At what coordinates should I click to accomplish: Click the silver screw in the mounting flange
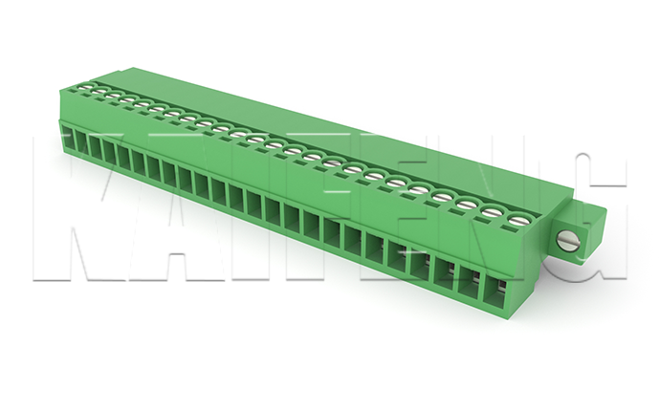569,242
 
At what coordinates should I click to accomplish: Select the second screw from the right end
492,211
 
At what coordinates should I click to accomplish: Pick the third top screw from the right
467,204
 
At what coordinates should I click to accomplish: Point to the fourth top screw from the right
442,196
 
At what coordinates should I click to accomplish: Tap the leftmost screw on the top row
87,87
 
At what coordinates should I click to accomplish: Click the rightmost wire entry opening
495,292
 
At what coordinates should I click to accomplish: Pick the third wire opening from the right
446,274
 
